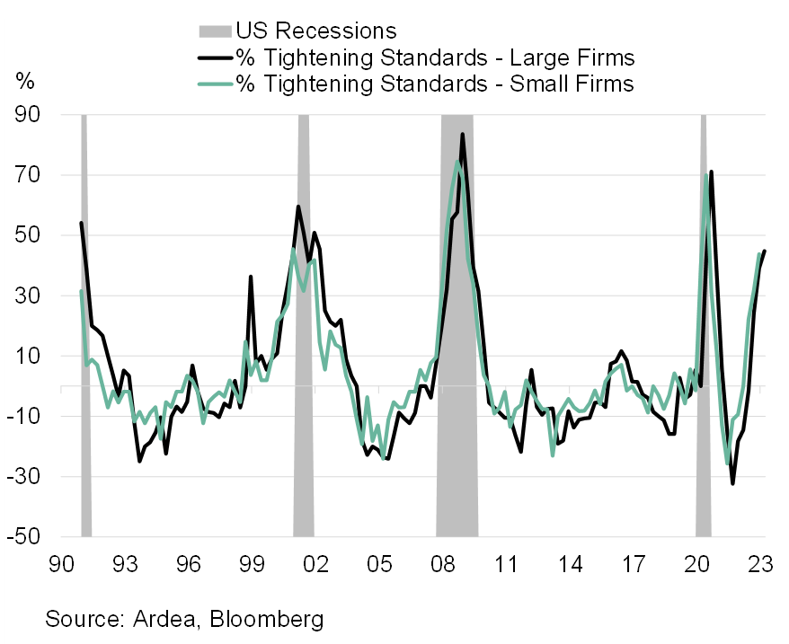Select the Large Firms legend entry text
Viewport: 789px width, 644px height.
point(435,58)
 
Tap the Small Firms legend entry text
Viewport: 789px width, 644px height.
point(435,84)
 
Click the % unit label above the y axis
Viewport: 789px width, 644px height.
point(24,81)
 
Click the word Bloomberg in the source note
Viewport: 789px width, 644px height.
point(268,619)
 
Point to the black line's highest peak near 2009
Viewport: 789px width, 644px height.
point(462,134)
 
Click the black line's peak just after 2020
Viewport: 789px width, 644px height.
point(712,172)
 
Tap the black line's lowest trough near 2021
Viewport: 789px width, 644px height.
point(733,483)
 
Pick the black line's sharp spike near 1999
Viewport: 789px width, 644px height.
point(251,277)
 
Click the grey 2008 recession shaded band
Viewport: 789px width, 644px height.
point(457,314)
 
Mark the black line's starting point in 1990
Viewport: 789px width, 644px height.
point(81,223)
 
